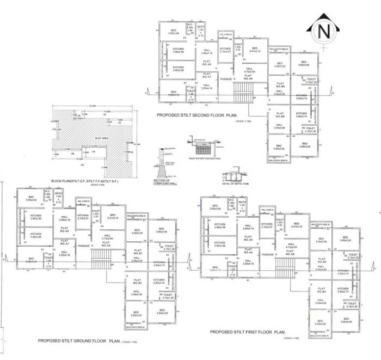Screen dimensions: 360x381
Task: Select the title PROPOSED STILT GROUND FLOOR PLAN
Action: pos(78,341)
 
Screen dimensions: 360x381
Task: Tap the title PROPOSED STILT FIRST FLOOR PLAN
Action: pos(248,332)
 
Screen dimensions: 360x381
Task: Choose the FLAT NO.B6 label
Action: pos(280,117)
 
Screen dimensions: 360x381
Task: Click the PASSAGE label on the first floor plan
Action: pos(267,254)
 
